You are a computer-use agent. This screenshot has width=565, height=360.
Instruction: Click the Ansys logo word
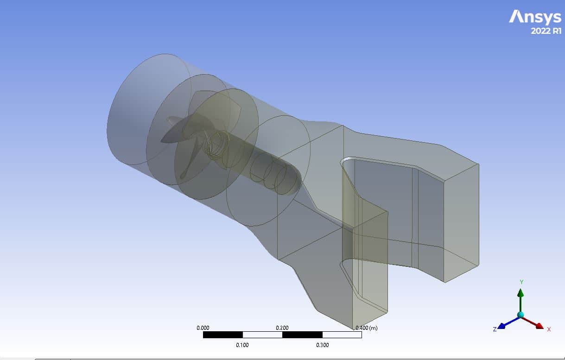(535, 17)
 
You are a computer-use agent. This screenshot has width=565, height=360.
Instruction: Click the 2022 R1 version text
(546, 31)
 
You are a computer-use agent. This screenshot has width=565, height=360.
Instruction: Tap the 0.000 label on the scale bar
(203, 328)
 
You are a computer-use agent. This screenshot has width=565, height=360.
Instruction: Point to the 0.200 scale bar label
(282, 328)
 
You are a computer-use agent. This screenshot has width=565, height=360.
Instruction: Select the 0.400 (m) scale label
(367, 328)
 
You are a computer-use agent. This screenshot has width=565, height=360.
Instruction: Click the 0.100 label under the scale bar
(242, 345)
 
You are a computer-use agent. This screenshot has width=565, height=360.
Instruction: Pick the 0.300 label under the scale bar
(322, 345)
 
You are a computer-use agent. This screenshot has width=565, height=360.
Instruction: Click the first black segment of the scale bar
(223, 335)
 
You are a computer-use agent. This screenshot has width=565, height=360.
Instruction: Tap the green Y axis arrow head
(521, 293)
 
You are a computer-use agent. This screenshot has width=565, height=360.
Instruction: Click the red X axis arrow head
(539, 326)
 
